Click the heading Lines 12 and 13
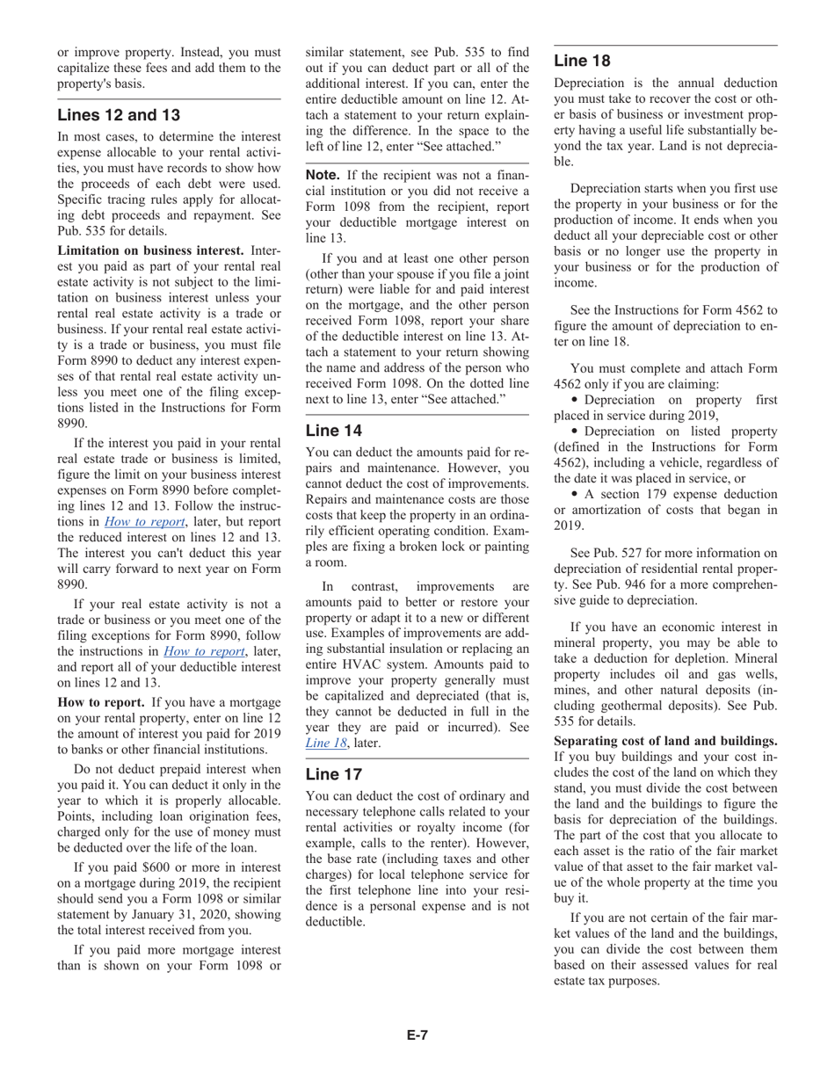[x=120, y=115]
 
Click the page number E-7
[x=417, y=1035]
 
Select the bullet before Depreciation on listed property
[x=576, y=432]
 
